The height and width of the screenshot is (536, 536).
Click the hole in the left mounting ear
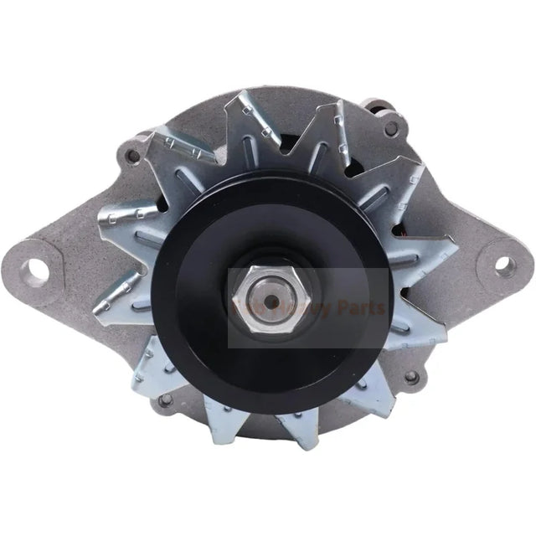pyautogui.click(x=36, y=269)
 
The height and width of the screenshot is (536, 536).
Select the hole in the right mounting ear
pyautogui.click(x=502, y=263)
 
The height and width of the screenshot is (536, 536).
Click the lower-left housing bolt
pyautogui.click(x=165, y=400)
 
